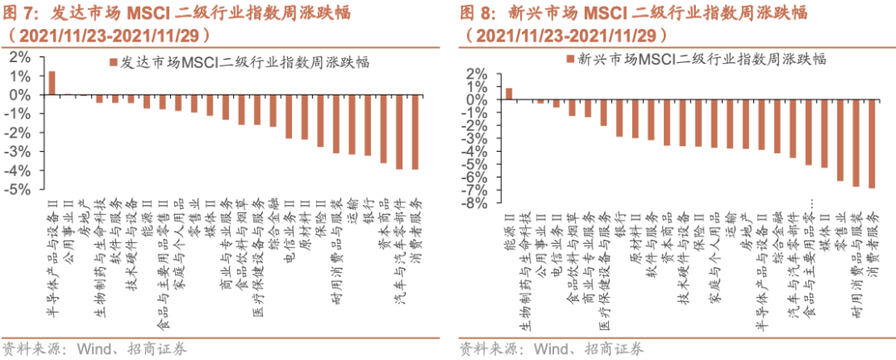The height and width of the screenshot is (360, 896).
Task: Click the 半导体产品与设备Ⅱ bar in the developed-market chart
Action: pyautogui.click(x=51, y=83)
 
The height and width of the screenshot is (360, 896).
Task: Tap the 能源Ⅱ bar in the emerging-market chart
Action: pyautogui.click(x=509, y=94)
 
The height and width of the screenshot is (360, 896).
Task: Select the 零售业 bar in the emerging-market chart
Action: pyautogui.click(x=840, y=140)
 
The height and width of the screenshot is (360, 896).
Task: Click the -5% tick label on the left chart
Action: pyautogui.click(x=20, y=189)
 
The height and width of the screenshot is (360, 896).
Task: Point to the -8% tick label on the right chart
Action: pyautogui.click(x=476, y=205)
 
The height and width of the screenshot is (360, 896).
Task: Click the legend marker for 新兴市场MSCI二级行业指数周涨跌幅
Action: pyautogui.click(x=569, y=59)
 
